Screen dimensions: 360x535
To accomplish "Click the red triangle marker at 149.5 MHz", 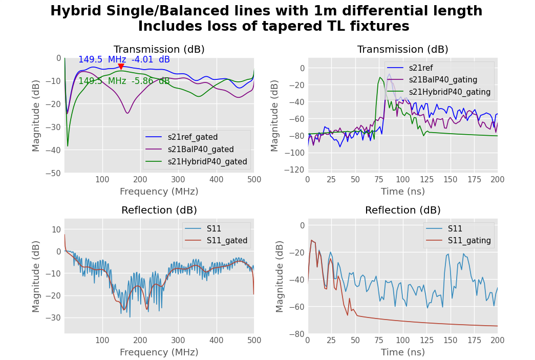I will click(121, 67).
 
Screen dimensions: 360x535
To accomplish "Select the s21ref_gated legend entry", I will click(192, 137).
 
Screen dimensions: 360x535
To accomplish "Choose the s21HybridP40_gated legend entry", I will click(207, 162).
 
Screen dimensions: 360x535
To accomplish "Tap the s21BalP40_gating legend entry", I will click(443, 80).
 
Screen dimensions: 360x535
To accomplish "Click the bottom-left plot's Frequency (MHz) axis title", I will click(159, 352).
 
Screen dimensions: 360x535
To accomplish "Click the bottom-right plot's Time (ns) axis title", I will click(402, 352).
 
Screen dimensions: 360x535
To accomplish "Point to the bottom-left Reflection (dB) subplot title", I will click(159, 210).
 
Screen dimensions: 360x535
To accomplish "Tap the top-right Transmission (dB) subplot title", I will click(402, 50).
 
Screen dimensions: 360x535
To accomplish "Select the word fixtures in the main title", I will click(379, 27).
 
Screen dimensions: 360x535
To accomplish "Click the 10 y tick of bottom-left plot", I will click(56, 229).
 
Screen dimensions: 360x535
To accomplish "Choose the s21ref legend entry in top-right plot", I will click(420, 68).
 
